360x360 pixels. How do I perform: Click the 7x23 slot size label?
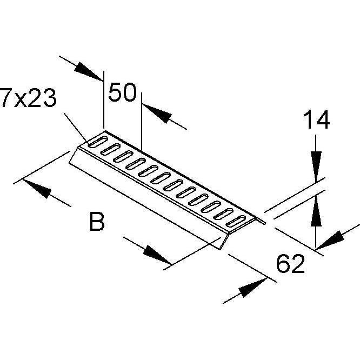(x=29, y=98)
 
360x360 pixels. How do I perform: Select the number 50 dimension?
(x=122, y=92)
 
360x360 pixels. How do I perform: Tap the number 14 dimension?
(x=316, y=119)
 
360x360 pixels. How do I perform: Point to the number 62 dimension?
(x=291, y=263)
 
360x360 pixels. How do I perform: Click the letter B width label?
(x=97, y=222)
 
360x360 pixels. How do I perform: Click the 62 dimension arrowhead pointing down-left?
(x=330, y=240)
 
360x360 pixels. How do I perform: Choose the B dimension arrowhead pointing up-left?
(x=37, y=189)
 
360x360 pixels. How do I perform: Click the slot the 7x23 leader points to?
(x=98, y=142)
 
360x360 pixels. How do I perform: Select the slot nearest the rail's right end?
(x=236, y=221)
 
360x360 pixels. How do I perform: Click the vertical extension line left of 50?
(x=104, y=99)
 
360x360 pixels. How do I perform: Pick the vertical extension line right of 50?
(x=142, y=121)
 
